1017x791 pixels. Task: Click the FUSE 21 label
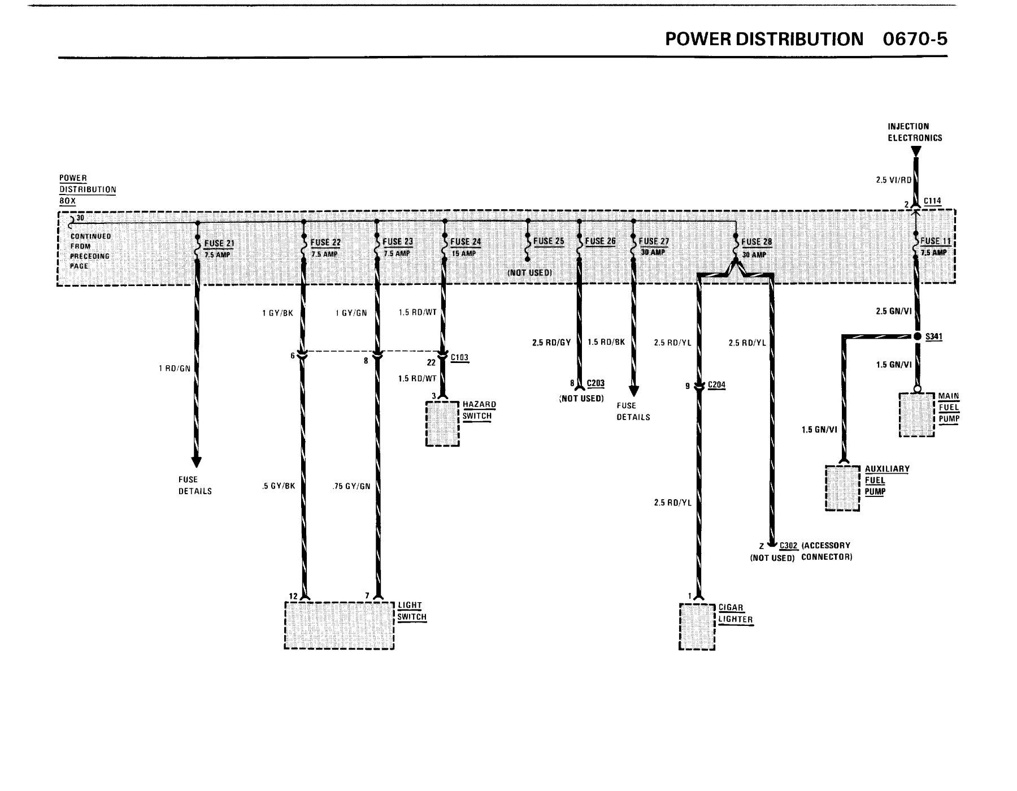(219, 244)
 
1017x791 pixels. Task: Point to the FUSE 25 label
(549, 241)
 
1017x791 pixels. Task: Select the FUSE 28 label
(757, 242)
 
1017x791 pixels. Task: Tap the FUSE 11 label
(935, 241)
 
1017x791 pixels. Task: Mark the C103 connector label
(460, 358)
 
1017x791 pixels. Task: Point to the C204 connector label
(716, 385)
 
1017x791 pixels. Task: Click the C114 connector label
(932, 201)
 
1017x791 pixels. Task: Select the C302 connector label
(789, 546)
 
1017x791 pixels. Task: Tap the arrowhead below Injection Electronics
(916, 152)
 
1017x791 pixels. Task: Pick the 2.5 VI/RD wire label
(893, 180)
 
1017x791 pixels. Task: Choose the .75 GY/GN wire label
(352, 486)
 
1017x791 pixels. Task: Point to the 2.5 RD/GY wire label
(551, 343)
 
